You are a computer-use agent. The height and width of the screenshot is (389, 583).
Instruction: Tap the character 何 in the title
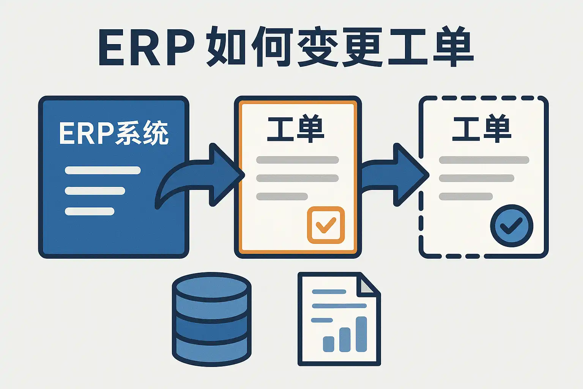pos(272,47)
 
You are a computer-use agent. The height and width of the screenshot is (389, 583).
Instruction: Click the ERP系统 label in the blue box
pos(113,133)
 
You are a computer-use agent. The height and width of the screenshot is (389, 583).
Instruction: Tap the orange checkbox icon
pos(326,225)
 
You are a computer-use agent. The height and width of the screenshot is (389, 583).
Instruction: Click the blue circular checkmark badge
pos(512,226)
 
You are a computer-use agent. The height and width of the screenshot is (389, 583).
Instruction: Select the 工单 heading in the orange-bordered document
pos(296,130)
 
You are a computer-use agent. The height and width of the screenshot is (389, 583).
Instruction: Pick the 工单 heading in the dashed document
pos(482,130)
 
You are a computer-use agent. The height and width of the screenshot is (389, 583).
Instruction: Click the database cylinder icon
pos(211,319)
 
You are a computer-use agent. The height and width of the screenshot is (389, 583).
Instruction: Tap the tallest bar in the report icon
pos(361,334)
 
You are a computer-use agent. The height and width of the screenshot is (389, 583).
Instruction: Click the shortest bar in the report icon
pos(328,344)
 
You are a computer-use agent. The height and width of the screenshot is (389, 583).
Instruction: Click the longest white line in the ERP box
pos(102,170)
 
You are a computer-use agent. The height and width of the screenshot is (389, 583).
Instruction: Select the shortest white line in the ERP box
pos(90,211)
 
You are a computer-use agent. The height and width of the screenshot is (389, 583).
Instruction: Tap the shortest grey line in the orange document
pos(282,196)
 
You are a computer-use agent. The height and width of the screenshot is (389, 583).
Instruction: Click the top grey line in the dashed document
pos(484,160)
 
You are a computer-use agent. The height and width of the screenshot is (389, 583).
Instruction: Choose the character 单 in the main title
pos(453,47)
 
